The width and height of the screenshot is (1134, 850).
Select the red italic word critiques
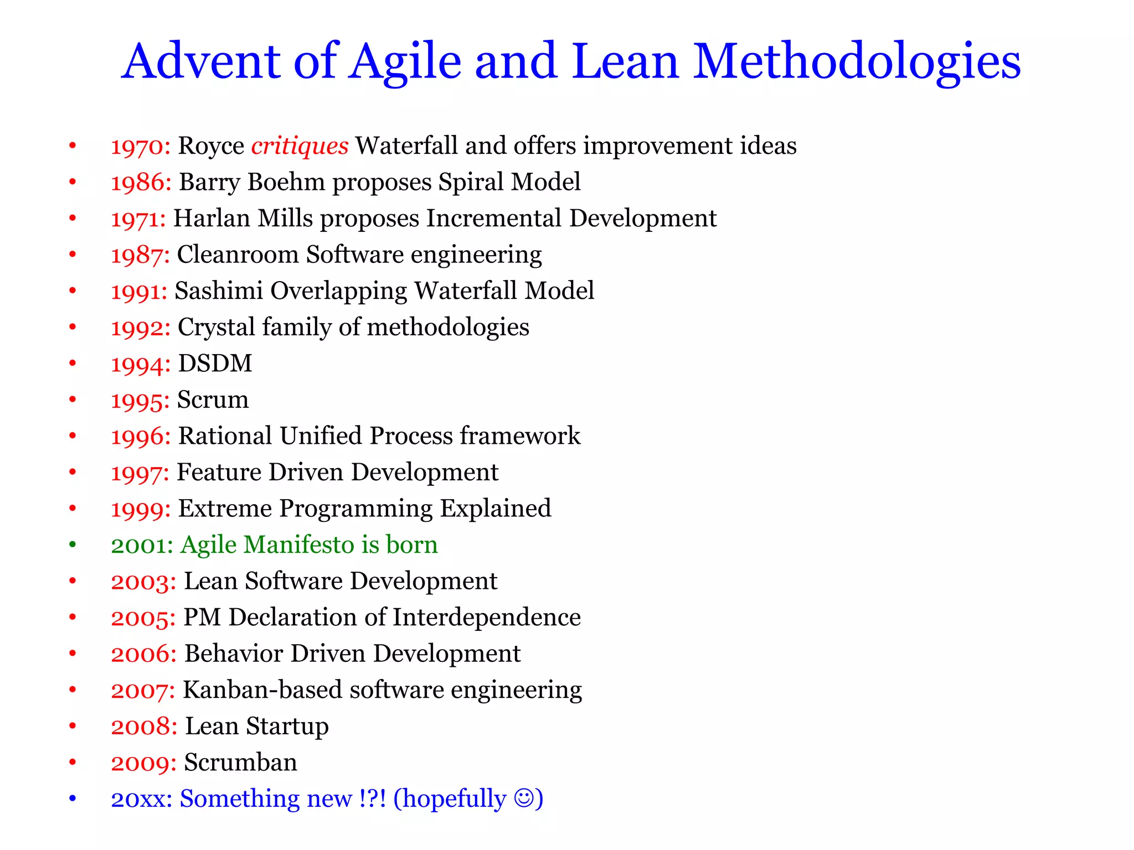pos(300,146)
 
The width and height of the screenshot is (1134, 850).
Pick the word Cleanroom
pos(238,255)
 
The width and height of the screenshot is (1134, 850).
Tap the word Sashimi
pos(219,291)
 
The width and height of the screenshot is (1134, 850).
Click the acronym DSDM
pos(215,364)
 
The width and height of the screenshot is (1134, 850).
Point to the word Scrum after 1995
pos(213,400)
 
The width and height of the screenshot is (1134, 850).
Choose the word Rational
pos(225,436)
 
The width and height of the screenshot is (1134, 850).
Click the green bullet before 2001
pos(73,545)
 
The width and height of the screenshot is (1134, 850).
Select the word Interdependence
pos(487,618)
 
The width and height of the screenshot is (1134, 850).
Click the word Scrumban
pos(240,763)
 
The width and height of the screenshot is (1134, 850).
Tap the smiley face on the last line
pos(523,798)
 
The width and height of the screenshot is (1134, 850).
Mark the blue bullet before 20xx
pos(73,799)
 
